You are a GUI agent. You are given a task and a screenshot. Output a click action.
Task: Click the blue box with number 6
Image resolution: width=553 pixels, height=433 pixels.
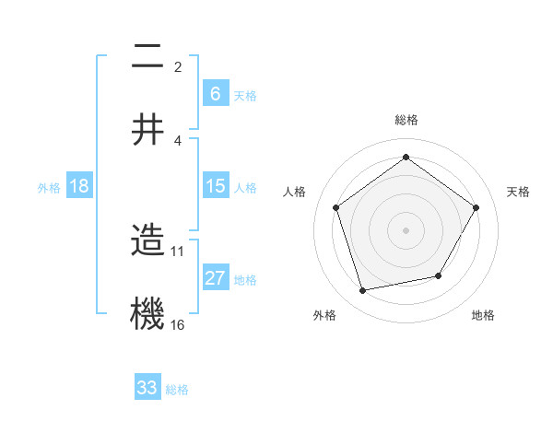pos(216,93)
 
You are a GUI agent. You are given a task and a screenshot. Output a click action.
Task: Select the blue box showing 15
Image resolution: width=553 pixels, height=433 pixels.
pos(216,186)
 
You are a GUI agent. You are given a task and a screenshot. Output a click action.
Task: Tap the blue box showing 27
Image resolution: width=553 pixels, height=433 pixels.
pos(216,278)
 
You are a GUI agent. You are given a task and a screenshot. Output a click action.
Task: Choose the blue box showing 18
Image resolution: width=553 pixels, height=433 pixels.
pos(79,186)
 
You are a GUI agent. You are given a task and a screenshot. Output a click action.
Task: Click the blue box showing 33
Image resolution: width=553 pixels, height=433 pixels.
pos(147,388)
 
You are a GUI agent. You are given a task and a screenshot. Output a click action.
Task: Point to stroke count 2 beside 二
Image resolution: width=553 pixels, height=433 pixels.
pos(177,66)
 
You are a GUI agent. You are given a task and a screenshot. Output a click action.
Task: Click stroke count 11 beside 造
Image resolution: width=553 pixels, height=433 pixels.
pos(178,250)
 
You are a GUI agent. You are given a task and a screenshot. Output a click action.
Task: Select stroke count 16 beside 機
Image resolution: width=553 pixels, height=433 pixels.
pos(178,324)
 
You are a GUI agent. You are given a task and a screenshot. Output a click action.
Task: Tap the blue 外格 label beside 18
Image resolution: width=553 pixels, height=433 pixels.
pos(49,187)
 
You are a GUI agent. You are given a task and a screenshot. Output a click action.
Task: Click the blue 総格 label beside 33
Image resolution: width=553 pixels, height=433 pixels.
pos(177,390)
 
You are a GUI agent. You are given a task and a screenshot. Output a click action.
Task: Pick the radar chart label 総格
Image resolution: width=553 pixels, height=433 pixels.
pos(406,120)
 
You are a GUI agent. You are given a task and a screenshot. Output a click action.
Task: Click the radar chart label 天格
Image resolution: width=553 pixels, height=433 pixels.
pos(518,192)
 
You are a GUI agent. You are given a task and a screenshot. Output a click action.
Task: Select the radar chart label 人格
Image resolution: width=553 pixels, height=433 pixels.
pos(295,192)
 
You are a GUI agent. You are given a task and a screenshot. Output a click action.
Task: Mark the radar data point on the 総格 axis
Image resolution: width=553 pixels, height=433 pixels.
pos(406,157)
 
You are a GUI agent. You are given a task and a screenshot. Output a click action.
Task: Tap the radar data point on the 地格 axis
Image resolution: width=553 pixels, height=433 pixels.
pos(439,275)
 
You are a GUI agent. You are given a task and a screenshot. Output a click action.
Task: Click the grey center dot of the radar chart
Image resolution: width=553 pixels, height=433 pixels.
pos(406,229)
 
